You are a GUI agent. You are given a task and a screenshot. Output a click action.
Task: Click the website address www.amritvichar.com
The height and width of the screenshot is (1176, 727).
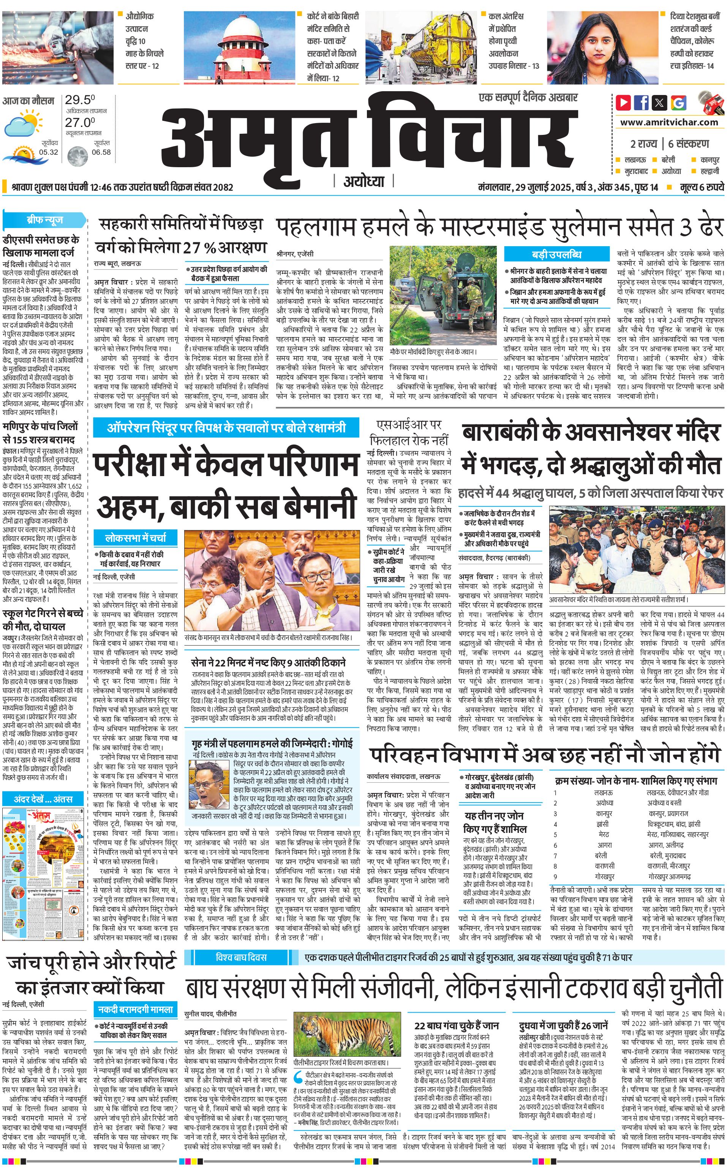pyautogui.click(x=669, y=122)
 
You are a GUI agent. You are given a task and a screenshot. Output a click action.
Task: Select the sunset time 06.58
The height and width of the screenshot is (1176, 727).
pyautogui.click(x=101, y=152)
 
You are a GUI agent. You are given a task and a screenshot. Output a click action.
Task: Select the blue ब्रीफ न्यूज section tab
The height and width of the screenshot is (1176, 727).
pyautogui.click(x=45, y=221)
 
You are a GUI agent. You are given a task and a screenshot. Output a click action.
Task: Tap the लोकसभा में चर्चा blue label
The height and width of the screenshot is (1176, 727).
pyautogui.click(x=136, y=537)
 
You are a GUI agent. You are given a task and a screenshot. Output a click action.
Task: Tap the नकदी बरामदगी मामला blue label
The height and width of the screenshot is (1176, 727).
pyautogui.click(x=135, y=1010)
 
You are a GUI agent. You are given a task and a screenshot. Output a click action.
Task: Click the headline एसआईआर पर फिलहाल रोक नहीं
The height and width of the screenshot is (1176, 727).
pyautogui.click(x=409, y=432)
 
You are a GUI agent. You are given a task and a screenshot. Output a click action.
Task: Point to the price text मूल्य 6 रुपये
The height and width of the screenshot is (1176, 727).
pyautogui.click(x=702, y=187)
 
